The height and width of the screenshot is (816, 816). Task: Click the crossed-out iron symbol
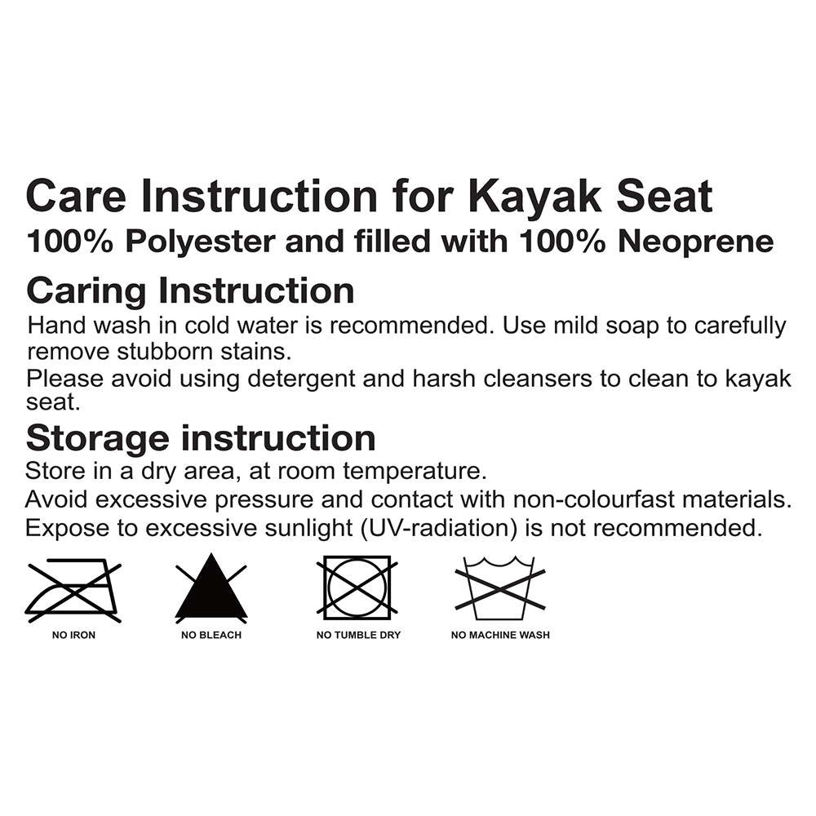coord(73,588)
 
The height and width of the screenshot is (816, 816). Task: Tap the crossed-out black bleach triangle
coord(211,588)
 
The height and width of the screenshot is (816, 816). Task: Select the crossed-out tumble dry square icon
coord(357,588)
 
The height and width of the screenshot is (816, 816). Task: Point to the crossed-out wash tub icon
coord(499,587)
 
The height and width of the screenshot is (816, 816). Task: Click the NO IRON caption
coord(73,635)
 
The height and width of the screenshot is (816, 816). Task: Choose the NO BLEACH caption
coord(211,635)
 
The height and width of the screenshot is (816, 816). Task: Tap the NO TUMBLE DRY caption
coord(358,635)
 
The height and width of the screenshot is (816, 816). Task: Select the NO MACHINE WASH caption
coord(500,635)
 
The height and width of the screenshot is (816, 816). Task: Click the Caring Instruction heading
coord(190,290)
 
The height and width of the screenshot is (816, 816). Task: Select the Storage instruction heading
coord(201,438)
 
